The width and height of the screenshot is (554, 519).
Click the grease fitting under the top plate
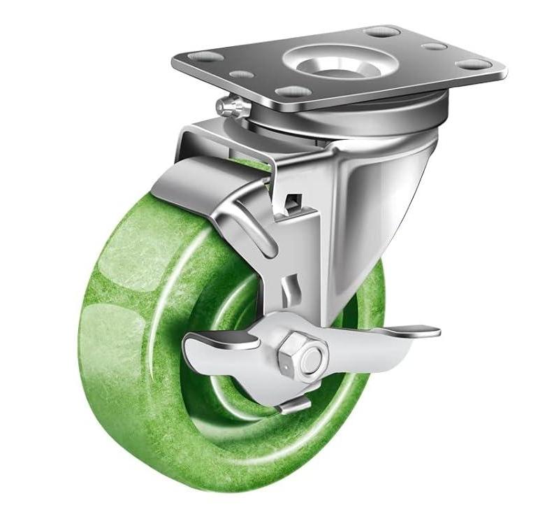pyautogui.click(x=227, y=106)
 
